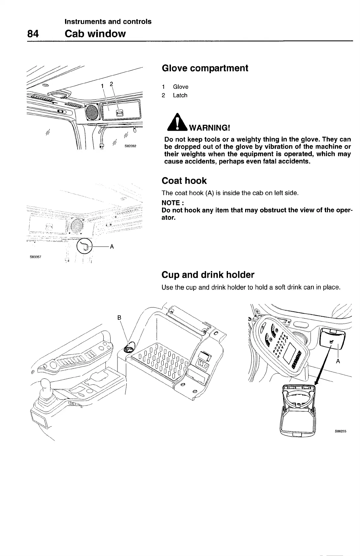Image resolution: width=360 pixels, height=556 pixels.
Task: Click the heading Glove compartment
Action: pos(205,68)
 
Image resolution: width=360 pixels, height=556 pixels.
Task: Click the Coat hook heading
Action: pos(184,181)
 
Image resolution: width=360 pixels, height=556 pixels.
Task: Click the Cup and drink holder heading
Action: pos(208,275)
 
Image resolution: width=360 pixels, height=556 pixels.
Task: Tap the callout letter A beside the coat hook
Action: pos(112,246)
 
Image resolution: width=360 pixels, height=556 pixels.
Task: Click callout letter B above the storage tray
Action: pos(119,318)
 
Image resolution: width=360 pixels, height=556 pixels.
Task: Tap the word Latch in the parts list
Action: pos(180,95)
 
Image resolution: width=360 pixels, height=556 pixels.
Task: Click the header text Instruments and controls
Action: pos(108,22)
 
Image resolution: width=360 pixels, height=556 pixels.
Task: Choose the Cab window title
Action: pos(95,34)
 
